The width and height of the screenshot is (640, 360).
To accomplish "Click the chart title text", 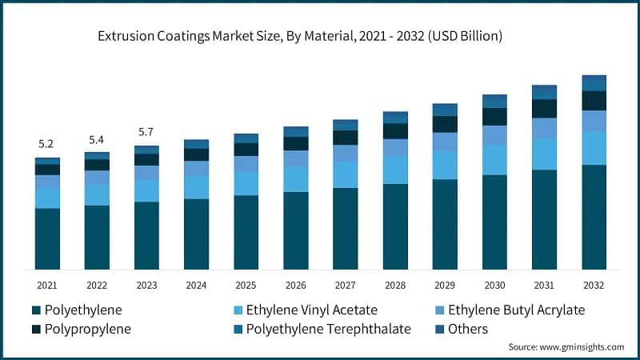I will [300, 36].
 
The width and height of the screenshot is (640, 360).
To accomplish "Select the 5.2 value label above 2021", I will [46, 144].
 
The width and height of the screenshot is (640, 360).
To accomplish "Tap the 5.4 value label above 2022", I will [97, 139].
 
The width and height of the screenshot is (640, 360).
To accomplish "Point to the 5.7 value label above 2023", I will [146, 132].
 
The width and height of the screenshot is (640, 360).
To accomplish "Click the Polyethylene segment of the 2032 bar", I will [594, 217].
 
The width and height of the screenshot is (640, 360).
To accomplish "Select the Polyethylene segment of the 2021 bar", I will [47, 238].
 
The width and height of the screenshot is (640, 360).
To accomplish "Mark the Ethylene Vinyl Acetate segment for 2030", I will [494, 160].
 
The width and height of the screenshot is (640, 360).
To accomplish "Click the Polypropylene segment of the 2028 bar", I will [395, 131].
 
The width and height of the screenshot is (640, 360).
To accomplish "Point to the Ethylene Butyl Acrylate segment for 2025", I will [246, 163].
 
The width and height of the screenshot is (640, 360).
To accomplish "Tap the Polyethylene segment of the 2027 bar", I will [346, 229].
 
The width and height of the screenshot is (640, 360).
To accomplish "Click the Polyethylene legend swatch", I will [36, 310].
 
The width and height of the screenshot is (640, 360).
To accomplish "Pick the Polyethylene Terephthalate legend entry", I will [328, 329].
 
